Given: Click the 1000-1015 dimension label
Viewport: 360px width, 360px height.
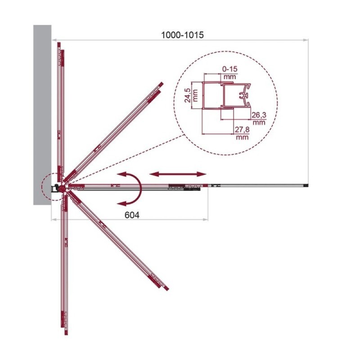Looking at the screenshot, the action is pos(182,35).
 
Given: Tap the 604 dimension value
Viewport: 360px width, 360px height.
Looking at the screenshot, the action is pos(132,215).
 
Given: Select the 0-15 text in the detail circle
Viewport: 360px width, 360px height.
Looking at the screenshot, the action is pos(230,69).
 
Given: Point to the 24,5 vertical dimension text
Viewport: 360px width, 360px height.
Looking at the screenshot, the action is pos(188,95).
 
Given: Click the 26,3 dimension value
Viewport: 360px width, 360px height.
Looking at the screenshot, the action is pos(259,115).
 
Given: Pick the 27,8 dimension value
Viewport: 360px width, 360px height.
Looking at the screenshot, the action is pos(242,130).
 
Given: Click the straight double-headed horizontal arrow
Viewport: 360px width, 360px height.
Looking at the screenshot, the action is pos(178,174).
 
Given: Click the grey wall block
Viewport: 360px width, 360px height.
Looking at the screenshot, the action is pos(42,115).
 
